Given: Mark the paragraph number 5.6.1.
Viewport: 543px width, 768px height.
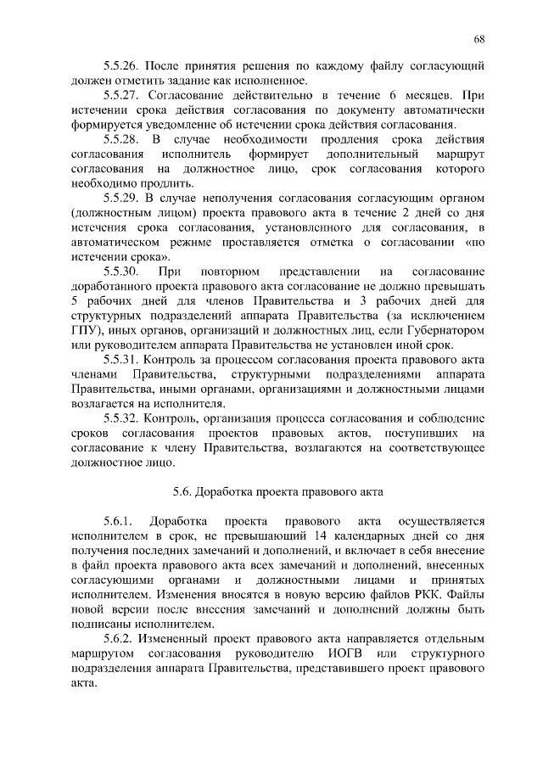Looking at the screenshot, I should click(x=117, y=520).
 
